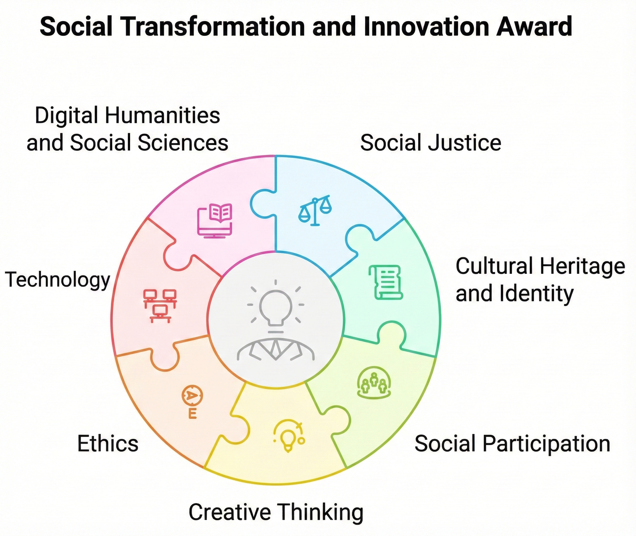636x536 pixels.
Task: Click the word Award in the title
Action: pos(534,26)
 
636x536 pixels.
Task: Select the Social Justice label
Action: pos(431,143)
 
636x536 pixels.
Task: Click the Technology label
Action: pos(58,280)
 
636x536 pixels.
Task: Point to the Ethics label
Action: pos(108,444)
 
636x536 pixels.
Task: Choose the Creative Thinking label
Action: pos(276,512)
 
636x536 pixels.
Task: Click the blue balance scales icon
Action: pos(315,211)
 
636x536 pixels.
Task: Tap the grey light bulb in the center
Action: pos(276,307)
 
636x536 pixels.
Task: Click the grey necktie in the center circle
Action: pos(276,349)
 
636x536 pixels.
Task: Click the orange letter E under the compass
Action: pos(192,414)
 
